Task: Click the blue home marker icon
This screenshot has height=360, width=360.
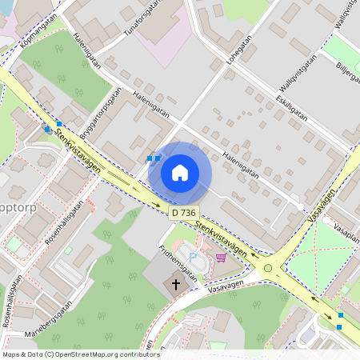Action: (179, 172)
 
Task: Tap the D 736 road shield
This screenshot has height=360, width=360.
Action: (183, 213)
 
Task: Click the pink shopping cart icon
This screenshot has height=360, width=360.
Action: (220, 257)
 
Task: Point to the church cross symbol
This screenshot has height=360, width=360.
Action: (176, 284)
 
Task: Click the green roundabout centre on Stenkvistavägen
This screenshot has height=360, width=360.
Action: (268, 268)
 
